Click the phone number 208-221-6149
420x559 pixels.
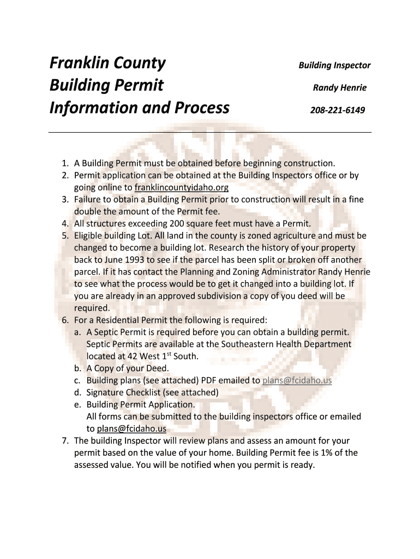point(337,110)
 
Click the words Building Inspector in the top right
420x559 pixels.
point(334,66)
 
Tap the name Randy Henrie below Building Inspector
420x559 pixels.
point(339,88)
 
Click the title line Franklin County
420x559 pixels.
point(107,63)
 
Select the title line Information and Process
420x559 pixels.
point(139,108)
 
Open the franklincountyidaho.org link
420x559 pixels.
point(181,187)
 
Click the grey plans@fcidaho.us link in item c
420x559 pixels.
point(297,380)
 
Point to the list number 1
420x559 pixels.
point(64,163)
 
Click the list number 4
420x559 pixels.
point(64,223)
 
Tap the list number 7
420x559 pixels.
point(64,441)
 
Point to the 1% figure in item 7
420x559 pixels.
point(322,453)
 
